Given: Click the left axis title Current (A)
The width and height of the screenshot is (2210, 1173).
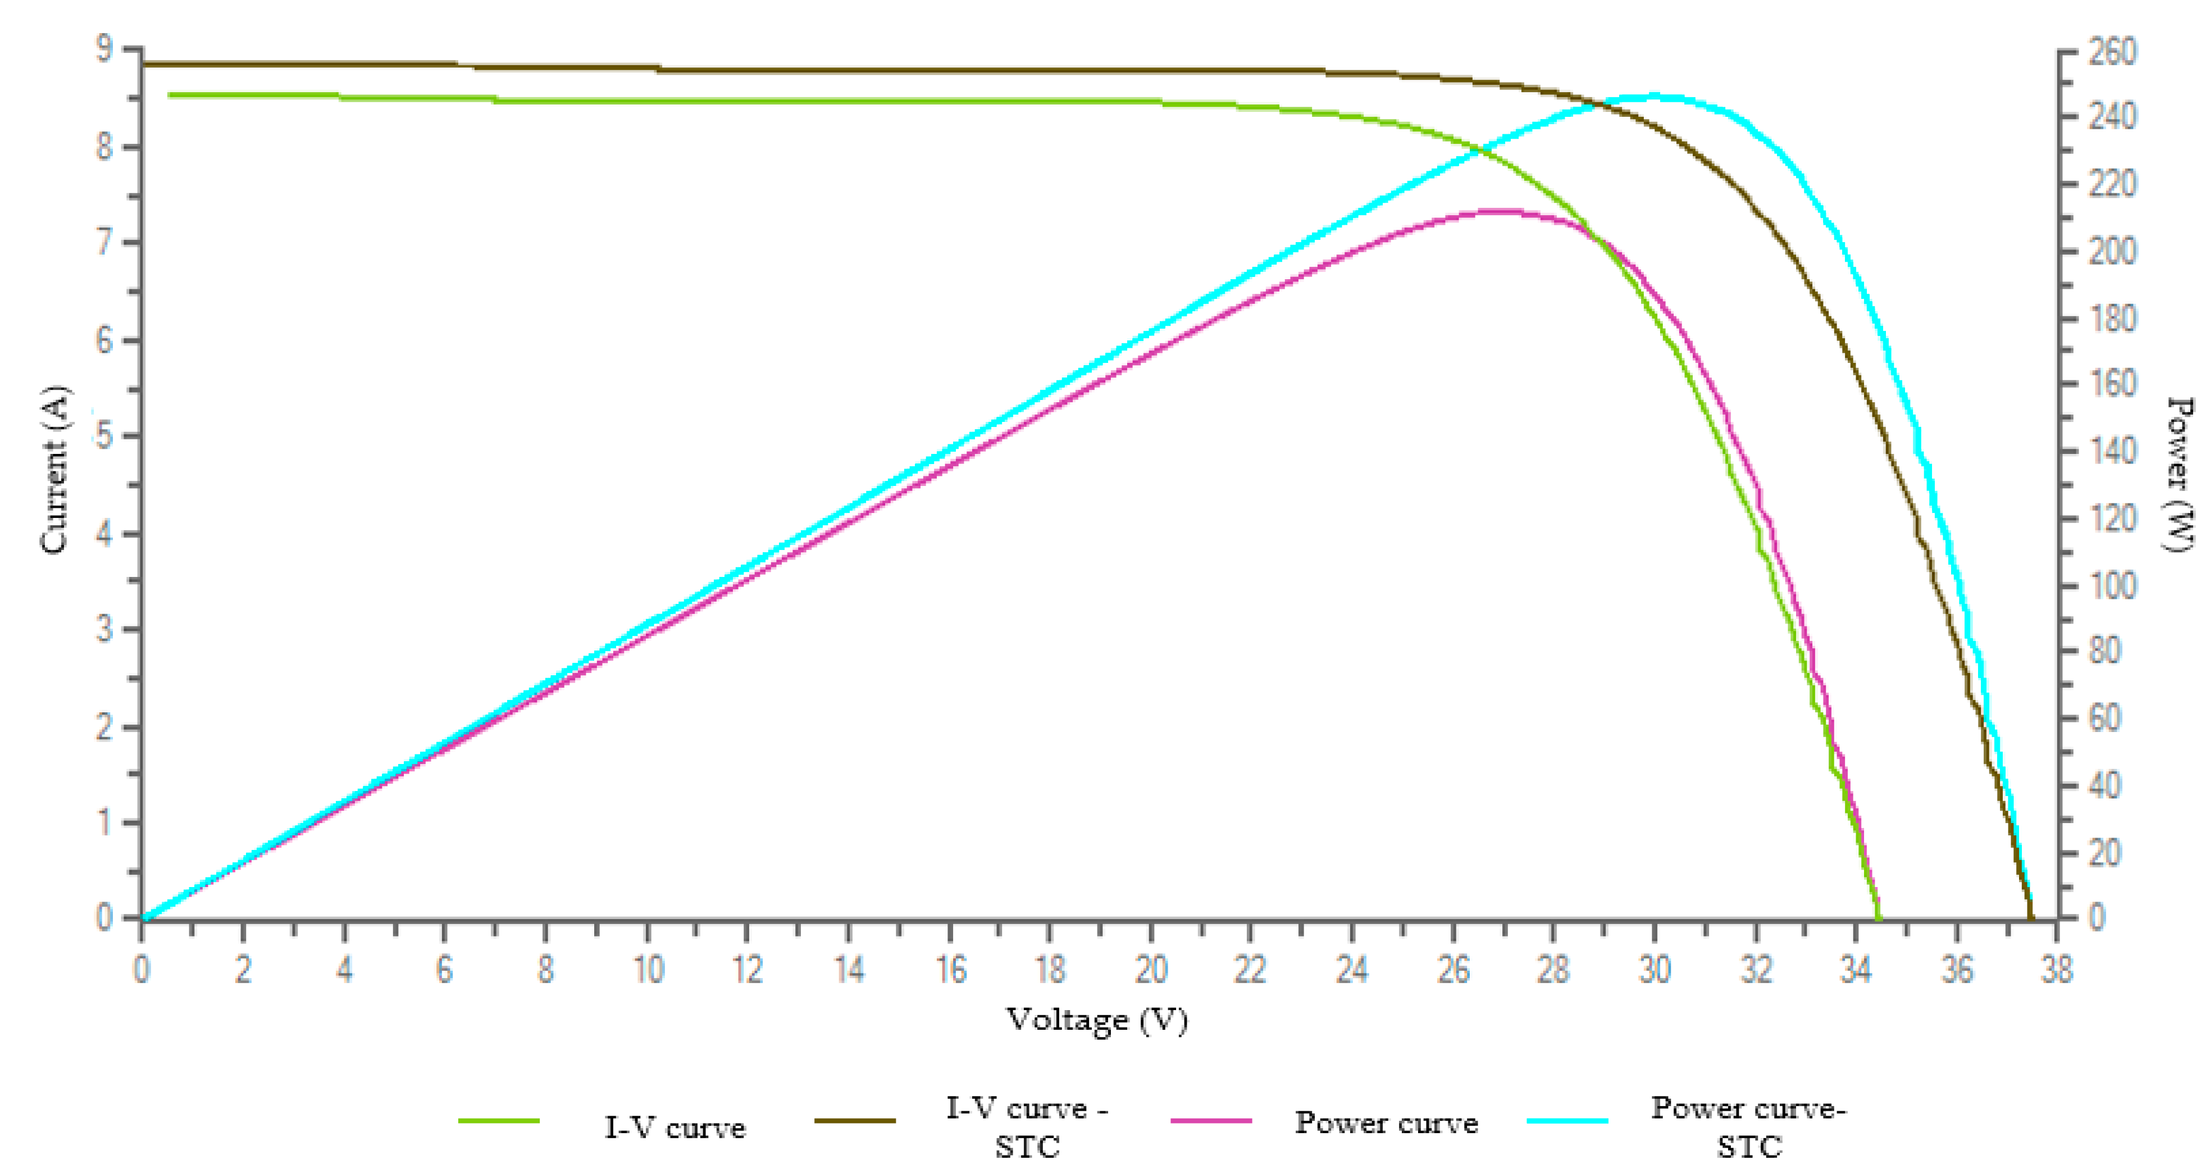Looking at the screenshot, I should coord(54,470).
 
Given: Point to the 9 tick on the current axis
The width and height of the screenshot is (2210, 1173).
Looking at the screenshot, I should coord(104,49).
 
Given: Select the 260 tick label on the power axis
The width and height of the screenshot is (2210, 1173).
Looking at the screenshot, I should coord(2111,52).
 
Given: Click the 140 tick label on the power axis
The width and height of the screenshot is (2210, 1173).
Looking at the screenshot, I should coord(2111,451).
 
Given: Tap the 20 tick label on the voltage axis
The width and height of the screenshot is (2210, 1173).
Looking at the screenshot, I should coord(1150,970).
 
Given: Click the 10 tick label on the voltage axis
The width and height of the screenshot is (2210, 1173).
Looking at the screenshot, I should coord(648,970).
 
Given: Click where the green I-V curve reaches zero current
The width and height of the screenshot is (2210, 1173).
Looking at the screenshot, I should coord(1878,918).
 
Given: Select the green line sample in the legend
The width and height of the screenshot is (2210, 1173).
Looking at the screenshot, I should coord(499,1121).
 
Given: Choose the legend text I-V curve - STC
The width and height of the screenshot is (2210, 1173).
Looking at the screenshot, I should coord(1027,1127).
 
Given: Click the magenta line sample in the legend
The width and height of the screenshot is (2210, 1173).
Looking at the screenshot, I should coord(1210,1121).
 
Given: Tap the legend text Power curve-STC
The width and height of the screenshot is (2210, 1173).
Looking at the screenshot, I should coord(1748,1127).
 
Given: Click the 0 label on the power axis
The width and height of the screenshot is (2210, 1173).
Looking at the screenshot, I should coord(2096,918).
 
